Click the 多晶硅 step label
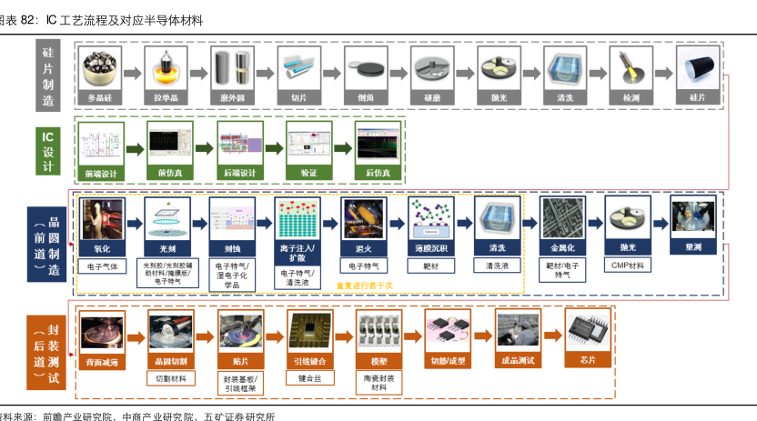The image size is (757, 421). click(x=99, y=96)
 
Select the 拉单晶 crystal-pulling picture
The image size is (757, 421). click(x=166, y=68)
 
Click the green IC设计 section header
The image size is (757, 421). click(x=48, y=147)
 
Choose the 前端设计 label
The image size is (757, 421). click(x=99, y=172)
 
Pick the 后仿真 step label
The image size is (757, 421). click(x=378, y=172)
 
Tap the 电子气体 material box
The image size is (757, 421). click(x=100, y=266)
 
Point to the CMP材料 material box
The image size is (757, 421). click(x=627, y=266)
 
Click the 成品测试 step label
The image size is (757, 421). click(x=519, y=360)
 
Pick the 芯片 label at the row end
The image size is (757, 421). click(x=588, y=360)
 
